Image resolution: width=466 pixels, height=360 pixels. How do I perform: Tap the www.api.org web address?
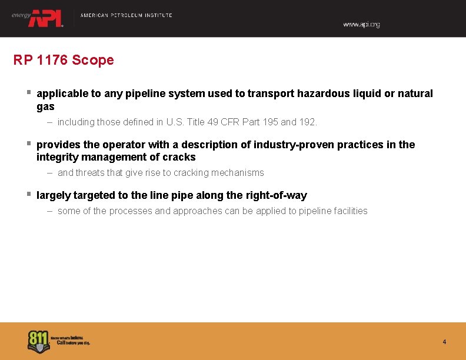361,25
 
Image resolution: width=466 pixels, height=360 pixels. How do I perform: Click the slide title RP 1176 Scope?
64,60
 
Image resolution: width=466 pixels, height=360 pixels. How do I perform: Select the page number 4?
444,342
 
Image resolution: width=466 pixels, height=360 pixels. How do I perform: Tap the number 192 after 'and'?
307,122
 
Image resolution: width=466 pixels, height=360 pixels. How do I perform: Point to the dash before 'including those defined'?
51,122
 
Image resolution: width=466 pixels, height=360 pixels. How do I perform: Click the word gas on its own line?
45,106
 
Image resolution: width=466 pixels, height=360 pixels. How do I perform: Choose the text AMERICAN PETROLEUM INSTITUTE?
126,15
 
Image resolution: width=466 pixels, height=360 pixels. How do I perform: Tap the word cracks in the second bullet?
180,157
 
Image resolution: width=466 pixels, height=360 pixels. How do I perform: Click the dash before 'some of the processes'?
51,211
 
